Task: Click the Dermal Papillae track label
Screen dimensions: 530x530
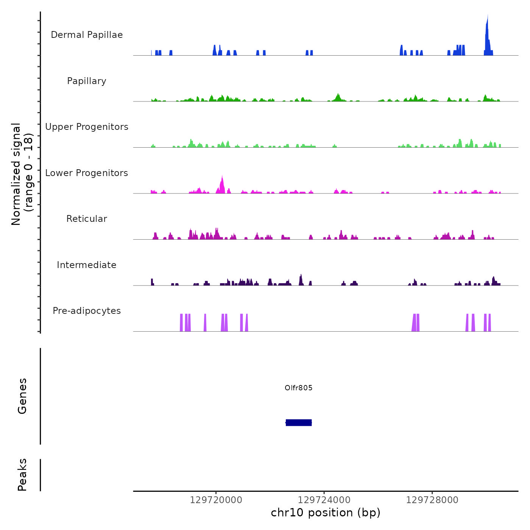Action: [87, 35]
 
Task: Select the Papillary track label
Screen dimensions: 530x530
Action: [87, 81]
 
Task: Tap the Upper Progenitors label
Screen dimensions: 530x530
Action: [87, 127]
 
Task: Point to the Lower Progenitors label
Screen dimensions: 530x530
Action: [87, 173]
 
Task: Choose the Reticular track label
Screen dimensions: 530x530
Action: [87, 219]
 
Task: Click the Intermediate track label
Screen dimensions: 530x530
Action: [87, 265]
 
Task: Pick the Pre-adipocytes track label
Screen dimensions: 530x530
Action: [87, 311]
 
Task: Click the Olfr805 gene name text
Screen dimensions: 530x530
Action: [299, 388]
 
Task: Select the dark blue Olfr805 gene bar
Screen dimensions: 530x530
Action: [299, 422]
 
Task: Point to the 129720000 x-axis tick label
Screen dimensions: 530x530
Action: [216, 500]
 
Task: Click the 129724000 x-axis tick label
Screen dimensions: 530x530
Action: [324, 500]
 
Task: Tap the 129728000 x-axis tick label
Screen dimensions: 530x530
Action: [432, 500]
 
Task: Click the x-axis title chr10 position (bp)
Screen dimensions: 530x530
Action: [326, 513]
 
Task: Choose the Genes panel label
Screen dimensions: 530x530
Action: [22, 396]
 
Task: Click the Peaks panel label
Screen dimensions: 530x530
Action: [22, 475]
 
